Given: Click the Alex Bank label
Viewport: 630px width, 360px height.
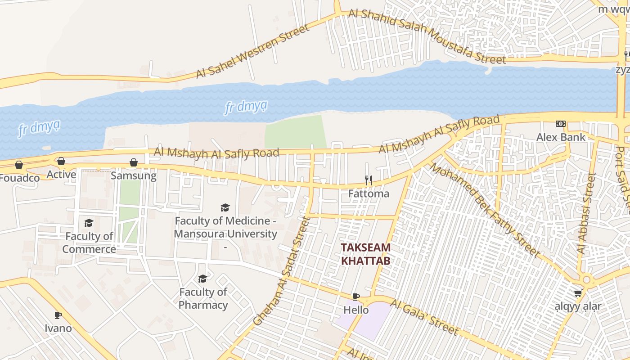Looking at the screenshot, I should point(561,137).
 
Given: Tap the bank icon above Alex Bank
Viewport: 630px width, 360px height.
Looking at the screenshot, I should point(561,123).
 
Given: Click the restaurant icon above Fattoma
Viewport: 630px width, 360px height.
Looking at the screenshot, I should point(368,180).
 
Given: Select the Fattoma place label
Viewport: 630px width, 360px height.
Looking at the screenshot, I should point(369,193).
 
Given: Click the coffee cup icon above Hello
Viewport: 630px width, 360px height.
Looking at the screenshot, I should point(355,297).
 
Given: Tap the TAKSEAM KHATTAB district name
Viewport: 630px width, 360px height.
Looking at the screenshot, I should point(365,254).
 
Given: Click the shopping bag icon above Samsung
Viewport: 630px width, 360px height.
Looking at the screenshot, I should point(134,162).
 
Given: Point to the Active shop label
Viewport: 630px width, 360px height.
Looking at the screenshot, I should point(61,174).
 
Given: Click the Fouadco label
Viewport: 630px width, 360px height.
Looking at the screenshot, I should point(19,178).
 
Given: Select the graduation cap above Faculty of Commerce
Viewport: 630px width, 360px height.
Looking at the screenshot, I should point(89,223).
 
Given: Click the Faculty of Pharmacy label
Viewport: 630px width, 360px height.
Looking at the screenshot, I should point(203,298).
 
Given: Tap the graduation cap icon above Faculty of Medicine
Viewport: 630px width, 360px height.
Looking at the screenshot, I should point(225,207).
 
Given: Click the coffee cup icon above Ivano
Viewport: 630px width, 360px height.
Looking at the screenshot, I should point(58,315).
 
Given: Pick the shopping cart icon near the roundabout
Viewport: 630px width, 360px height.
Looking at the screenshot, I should point(578,293).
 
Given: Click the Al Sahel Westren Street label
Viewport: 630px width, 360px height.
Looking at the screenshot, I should point(253,51).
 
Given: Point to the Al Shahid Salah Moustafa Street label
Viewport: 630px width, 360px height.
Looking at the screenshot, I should point(427,36).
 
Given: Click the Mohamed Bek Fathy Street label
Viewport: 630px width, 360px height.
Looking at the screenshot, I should point(484,210).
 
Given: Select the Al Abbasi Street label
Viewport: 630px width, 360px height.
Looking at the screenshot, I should point(586,213).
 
